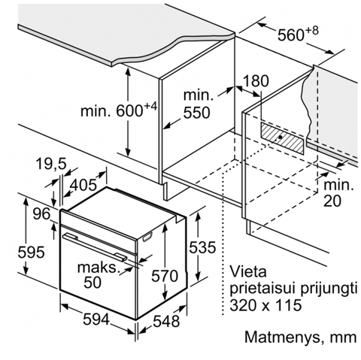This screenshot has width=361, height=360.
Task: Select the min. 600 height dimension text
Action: [x=119, y=110]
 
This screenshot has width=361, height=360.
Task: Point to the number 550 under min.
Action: [x=196, y=113]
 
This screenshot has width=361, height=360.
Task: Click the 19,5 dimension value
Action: [x=51, y=165]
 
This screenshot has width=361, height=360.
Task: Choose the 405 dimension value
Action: [x=83, y=185]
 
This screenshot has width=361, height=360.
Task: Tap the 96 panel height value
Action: [x=42, y=214]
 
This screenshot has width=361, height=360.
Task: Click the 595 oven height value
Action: [x=31, y=252]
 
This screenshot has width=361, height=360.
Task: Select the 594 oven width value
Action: [x=96, y=319]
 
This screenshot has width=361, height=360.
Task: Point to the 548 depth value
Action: [x=166, y=321]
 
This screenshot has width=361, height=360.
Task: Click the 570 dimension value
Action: [x=165, y=276]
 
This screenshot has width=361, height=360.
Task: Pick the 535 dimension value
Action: [x=202, y=247]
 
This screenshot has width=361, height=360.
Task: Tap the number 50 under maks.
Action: [x=93, y=282]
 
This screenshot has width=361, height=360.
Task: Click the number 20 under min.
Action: [x=332, y=201]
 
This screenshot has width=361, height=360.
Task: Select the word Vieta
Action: [x=248, y=272]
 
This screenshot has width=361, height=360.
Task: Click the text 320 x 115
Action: [x=265, y=305]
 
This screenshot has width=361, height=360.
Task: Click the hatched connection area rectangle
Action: [x=282, y=138]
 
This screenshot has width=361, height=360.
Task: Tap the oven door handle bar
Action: [x=95, y=247]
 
